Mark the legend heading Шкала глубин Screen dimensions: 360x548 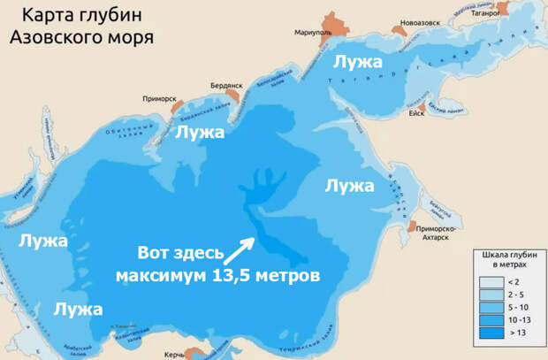click(507, 254)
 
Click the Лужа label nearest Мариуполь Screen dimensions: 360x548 click(357, 63)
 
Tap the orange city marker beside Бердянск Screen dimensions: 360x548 click(233, 92)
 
